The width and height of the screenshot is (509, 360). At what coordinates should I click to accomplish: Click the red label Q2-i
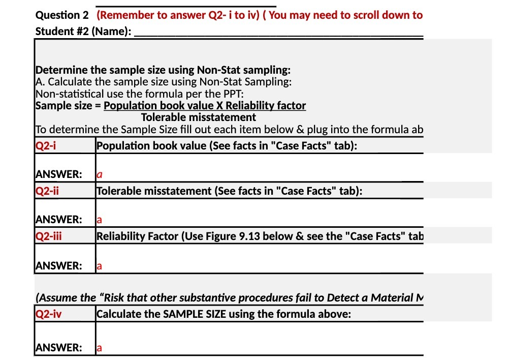[46, 146]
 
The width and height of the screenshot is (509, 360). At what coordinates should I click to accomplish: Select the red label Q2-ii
[47, 191]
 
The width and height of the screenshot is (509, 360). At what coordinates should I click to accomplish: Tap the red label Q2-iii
[49, 236]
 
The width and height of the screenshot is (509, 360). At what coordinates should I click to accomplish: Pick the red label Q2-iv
[49, 314]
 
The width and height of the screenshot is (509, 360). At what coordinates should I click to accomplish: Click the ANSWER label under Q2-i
[58, 174]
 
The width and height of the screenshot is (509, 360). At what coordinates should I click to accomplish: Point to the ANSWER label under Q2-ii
[58, 220]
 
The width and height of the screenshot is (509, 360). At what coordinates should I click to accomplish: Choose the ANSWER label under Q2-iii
[58, 265]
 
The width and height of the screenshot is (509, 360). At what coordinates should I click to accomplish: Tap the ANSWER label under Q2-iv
[58, 348]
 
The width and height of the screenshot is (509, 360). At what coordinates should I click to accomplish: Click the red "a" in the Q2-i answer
[100, 174]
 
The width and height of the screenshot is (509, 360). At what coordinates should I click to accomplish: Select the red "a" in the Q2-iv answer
[100, 348]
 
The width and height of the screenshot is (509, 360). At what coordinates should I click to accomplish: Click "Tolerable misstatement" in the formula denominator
[198, 117]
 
